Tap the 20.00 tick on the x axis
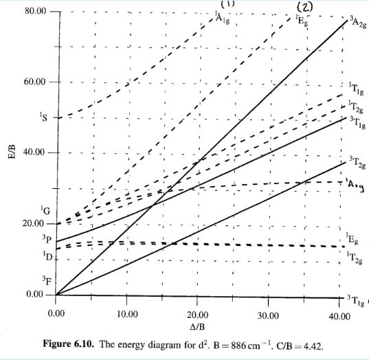click(x=197, y=315)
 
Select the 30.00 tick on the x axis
click(x=268, y=315)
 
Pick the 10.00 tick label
click(x=126, y=315)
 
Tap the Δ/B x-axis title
click(x=197, y=326)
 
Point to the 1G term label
click(x=45, y=209)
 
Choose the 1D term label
click(x=45, y=256)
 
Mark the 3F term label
click(x=45, y=280)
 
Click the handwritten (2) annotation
click(x=304, y=8)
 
